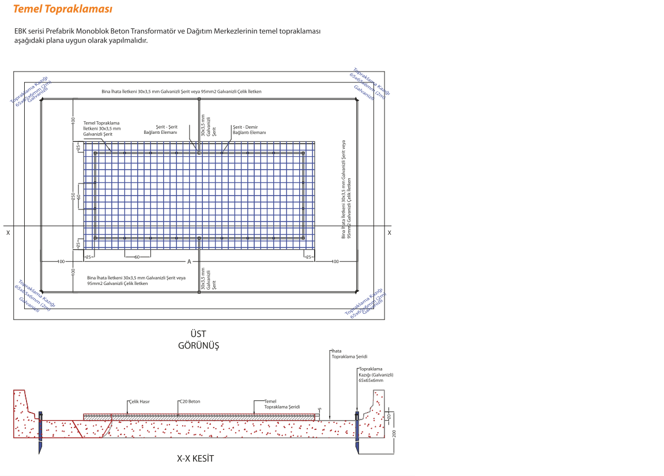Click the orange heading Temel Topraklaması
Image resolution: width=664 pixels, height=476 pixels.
point(62,9)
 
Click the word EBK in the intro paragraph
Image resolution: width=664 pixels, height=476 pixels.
point(22,31)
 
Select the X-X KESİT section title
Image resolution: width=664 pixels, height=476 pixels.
point(195,459)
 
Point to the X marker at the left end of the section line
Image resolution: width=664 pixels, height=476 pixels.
point(7,233)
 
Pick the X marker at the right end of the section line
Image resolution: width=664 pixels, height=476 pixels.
point(389,233)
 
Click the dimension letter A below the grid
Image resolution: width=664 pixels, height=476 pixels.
point(188,262)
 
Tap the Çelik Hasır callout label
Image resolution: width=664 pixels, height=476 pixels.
point(138,402)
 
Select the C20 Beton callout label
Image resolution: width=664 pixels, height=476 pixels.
point(190,402)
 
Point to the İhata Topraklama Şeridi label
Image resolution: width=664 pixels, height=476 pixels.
point(349,354)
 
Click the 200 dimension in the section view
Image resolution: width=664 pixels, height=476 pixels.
point(395,432)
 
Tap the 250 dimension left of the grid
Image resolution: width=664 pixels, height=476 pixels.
point(73,196)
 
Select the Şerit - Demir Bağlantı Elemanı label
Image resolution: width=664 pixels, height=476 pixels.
point(249,129)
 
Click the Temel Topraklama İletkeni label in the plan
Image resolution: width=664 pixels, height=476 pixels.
point(101,128)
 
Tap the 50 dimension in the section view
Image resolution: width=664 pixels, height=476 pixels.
point(389,416)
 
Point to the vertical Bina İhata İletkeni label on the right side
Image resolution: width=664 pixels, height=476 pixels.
point(346,188)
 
